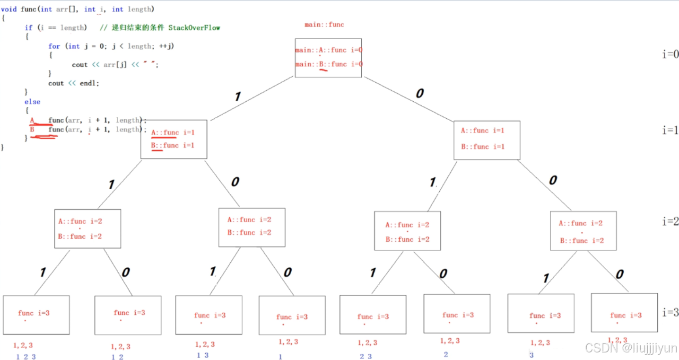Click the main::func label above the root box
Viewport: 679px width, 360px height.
(x=324, y=25)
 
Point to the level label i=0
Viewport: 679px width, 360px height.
(x=670, y=54)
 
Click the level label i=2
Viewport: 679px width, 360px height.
(x=670, y=221)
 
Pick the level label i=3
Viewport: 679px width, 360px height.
(x=670, y=312)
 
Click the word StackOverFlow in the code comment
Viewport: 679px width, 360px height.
(x=194, y=28)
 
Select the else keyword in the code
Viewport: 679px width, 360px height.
(x=33, y=102)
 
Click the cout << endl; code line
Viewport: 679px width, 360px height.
(x=74, y=83)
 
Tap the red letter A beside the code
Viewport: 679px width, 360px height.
(x=32, y=120)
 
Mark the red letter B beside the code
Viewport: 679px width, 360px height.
(x=32, y=129)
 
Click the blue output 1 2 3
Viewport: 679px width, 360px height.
(x=26, y=357)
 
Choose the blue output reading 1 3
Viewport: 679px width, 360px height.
(x=202, y=355)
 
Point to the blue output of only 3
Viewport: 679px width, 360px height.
(x=531, y=355)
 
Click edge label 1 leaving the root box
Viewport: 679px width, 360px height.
(x=237, y=97)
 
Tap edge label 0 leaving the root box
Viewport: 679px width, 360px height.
(x=419, y=94)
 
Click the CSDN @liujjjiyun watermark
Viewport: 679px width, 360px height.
(x=631, y=349)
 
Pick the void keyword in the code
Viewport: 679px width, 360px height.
(x=10, y=9)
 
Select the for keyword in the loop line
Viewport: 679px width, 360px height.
(x=54, y=46)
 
